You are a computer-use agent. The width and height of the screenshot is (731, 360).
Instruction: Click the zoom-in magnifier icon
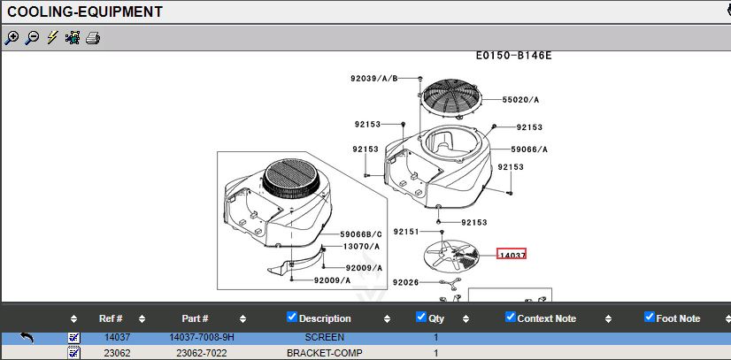point(12,38)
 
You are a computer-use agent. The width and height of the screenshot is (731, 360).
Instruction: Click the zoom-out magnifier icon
point(32,38)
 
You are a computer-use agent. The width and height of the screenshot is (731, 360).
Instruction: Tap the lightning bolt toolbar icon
point(52,37)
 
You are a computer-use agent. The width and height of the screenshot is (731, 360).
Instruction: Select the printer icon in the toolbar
point(93,38)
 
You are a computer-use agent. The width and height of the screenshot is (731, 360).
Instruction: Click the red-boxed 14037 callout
point(512,254)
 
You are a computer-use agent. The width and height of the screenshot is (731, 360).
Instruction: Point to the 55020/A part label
point(520,100)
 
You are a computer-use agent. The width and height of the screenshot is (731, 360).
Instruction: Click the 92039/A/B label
point(373,78)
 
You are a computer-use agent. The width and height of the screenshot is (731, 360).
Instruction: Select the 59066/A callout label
point(529,149)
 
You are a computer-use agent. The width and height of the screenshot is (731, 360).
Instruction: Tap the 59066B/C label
point(361,234)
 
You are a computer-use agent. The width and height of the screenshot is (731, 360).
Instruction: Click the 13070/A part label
point(361,247)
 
